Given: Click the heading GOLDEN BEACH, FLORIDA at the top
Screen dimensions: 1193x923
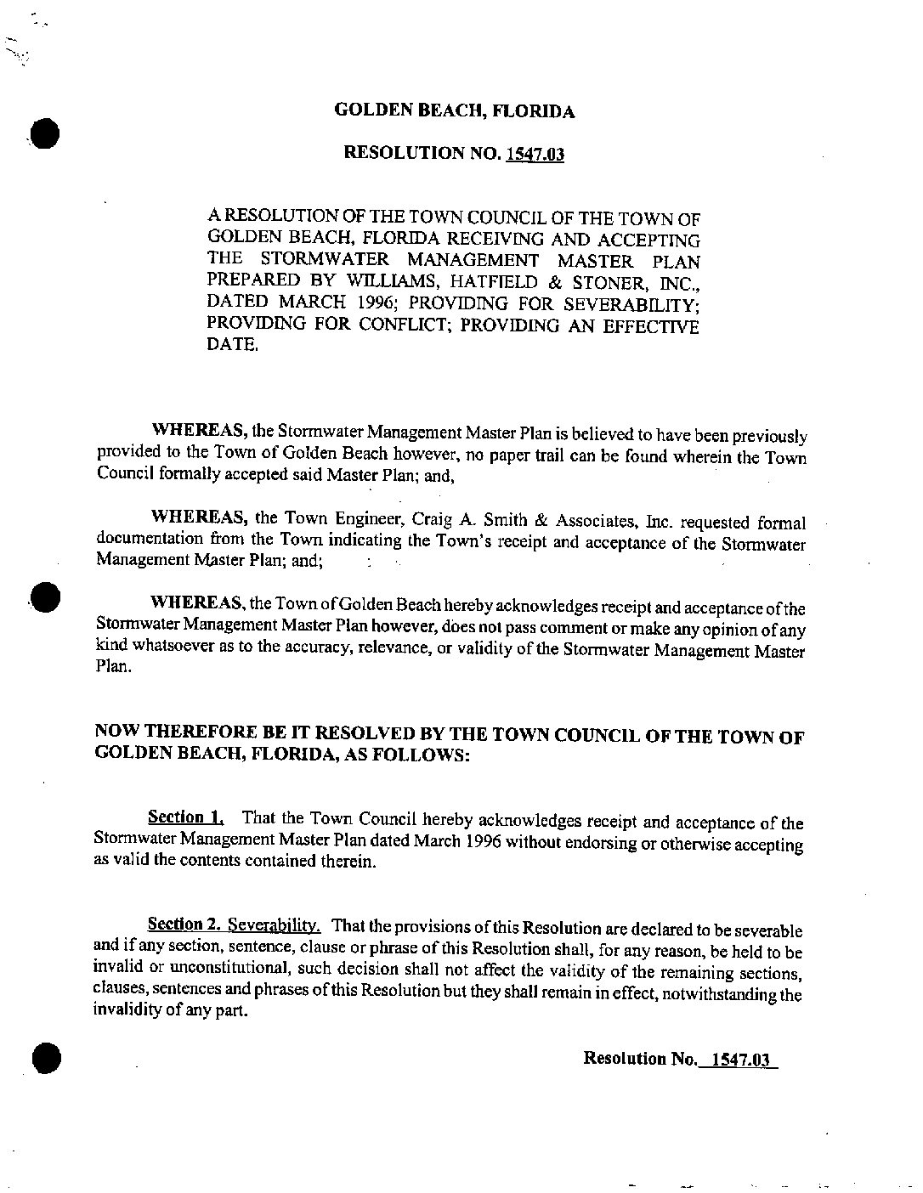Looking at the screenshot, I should pos(454,111).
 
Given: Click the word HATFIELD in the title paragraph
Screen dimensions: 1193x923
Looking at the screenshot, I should pos(470,281).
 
